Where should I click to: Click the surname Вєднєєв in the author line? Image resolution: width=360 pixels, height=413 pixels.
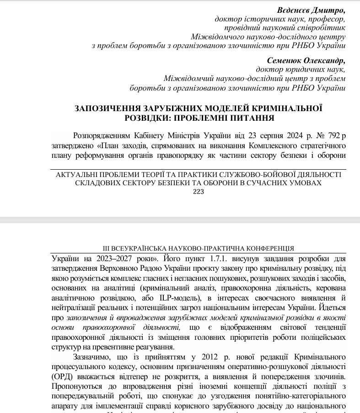click(293, 10)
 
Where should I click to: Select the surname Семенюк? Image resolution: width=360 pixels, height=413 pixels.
click(285, 60)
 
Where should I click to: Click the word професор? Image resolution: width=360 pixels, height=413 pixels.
click(328, 19)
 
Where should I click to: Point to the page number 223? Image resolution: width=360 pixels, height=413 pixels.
click(199, 192)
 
